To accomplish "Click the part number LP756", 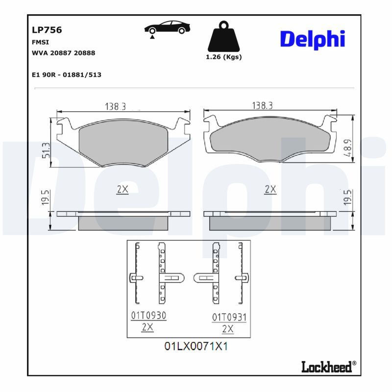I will tap(47, 29).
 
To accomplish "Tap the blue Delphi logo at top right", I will tap(312, 39).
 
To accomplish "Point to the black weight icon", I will tap(224, 36).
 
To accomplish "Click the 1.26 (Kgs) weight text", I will tap(223, 57).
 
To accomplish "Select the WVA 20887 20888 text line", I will tap(63, 52).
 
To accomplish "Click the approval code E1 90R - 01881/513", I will tap(66, 75).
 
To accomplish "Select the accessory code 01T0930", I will tap(148, 316).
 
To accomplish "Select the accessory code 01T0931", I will tap(229, 318).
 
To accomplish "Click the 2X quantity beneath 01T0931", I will tap(228, 329).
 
